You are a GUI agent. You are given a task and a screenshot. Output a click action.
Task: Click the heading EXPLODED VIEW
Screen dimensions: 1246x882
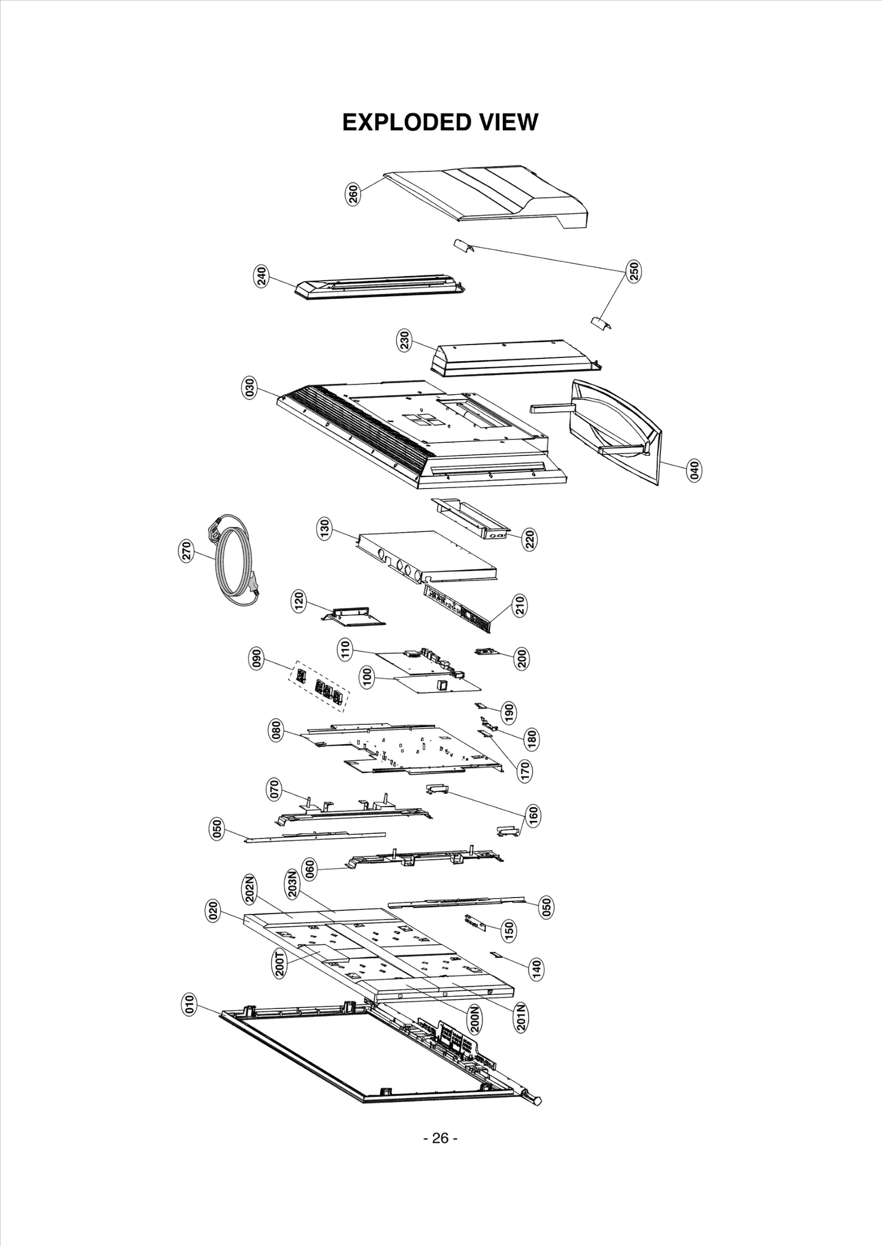440,122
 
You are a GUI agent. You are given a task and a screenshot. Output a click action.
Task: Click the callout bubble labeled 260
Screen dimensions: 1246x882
353,195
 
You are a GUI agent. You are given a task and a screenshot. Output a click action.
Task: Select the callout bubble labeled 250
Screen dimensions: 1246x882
634,271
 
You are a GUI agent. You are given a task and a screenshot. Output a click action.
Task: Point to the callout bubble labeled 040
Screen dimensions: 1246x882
695,470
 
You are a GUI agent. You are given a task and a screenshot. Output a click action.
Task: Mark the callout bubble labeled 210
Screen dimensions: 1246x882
520,606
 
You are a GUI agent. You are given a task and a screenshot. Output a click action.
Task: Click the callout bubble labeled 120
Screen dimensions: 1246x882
298,601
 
